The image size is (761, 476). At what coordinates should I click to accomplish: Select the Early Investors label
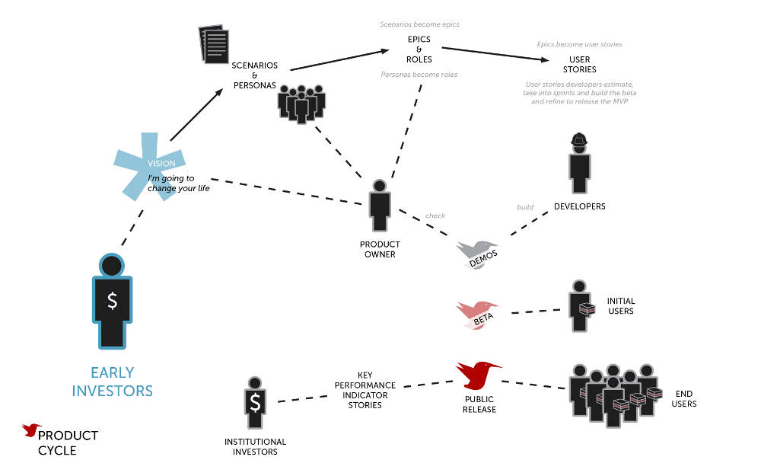[113, 382]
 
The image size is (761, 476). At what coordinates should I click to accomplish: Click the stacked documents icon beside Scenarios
[213, 46]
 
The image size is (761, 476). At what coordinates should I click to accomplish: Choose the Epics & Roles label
[419, 49]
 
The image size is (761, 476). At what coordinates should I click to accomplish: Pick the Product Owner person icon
[379, 206]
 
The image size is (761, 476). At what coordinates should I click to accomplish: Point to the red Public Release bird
[478, 375]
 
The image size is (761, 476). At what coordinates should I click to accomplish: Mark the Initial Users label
[620, 305]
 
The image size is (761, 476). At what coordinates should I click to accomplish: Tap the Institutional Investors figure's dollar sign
[255, 401]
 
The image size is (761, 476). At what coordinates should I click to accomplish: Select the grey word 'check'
[435, 216]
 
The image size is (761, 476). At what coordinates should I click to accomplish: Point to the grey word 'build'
[525, 206]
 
